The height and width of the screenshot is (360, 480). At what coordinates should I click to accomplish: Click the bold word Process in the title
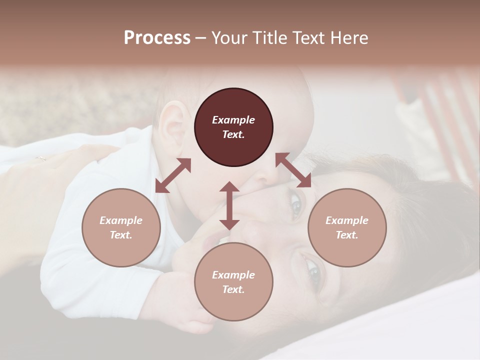click(157, 38)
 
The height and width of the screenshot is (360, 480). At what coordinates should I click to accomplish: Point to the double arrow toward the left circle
click(173, 175)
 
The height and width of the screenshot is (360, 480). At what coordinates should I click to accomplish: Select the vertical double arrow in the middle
click(229, 205)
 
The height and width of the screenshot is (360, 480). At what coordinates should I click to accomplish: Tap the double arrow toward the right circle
click(293, 170)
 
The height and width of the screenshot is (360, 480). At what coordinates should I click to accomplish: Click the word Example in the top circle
click(233, 120)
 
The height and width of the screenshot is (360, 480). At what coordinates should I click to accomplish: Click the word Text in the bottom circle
click(233, 289)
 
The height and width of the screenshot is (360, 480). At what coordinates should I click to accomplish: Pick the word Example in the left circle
click(121, 220)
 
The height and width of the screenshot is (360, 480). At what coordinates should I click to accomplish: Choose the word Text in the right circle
click(347, 235)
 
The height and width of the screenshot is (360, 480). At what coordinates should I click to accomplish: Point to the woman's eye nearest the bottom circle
click(314, 271)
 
